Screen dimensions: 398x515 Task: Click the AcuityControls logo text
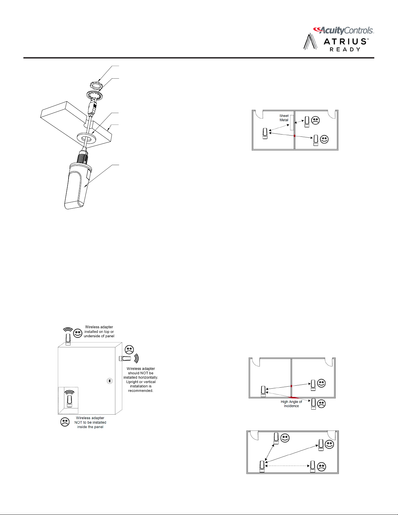[346, 31]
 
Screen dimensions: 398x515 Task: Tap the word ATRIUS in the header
[345, 42]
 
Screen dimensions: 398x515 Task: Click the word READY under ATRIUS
[345, 50]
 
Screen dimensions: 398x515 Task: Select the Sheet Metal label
[284, 118]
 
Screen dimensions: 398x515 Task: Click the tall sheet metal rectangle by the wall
[292, 122]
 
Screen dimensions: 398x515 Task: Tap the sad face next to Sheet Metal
[315, 120]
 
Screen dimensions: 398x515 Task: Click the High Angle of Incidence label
[291, 404]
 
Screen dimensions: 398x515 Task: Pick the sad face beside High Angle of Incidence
[321, 404]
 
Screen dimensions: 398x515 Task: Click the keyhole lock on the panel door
[110, 381]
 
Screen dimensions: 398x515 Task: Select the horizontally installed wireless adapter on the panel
[125, 358]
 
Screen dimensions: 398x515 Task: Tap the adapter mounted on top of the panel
[68, 339]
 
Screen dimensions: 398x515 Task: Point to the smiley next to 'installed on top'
[77, 333]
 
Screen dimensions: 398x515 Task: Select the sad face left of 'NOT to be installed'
[65, 422]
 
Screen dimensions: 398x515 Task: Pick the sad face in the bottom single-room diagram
[321, 467]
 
